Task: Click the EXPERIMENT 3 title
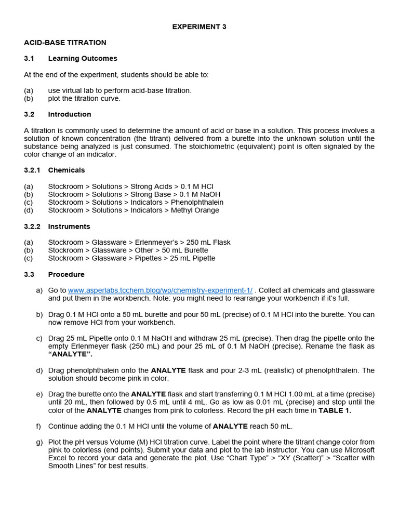pos(199,27)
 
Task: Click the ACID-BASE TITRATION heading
pos(65,43)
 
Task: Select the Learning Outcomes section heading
pos(83,59)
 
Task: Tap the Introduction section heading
pos(70,114)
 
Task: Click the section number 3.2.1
pos(32,170)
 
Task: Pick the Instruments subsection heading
pos(69,227)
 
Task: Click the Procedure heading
pos(66,274)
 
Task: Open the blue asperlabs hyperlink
pos(160,290)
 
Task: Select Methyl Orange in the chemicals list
pos(195,210)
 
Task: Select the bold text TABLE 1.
pos(334,410)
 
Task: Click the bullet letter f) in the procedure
pos(38,427)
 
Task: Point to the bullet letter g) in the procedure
pos(39,442)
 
